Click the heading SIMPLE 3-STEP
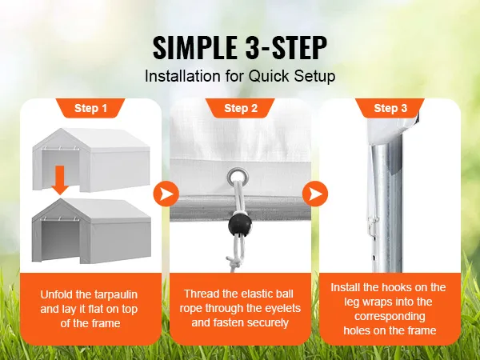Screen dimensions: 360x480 click(239, 48)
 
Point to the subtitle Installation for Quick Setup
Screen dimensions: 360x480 click(239, 78)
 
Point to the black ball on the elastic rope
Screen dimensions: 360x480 click(238, 223)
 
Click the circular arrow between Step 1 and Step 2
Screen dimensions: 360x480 click(165, 193)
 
